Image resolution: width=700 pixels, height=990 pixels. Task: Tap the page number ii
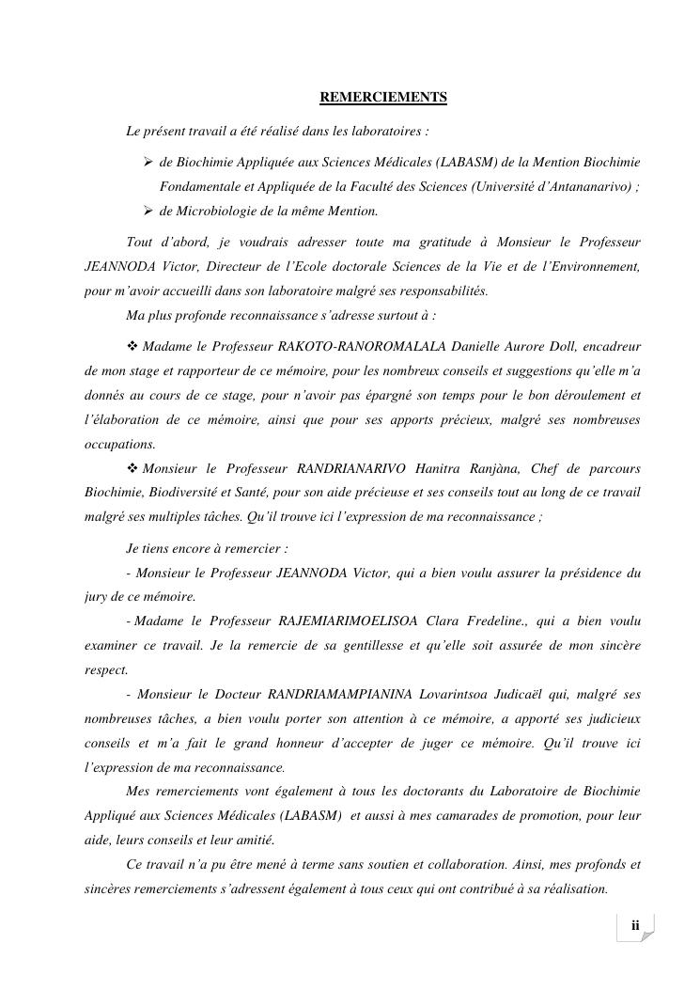coord(635,926)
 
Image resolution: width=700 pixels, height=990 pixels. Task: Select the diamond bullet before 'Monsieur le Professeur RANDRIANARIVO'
coord(132,467)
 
